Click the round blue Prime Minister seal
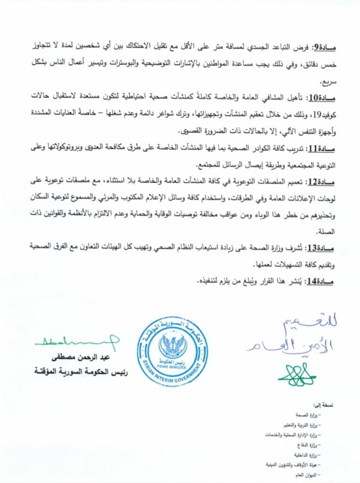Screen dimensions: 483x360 [173, 351]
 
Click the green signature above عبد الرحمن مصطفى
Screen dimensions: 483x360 [78, 339]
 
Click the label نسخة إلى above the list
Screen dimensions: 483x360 [325, 405]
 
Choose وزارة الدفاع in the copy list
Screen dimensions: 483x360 [308, 444]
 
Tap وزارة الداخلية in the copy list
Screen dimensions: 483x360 [306, 455]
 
